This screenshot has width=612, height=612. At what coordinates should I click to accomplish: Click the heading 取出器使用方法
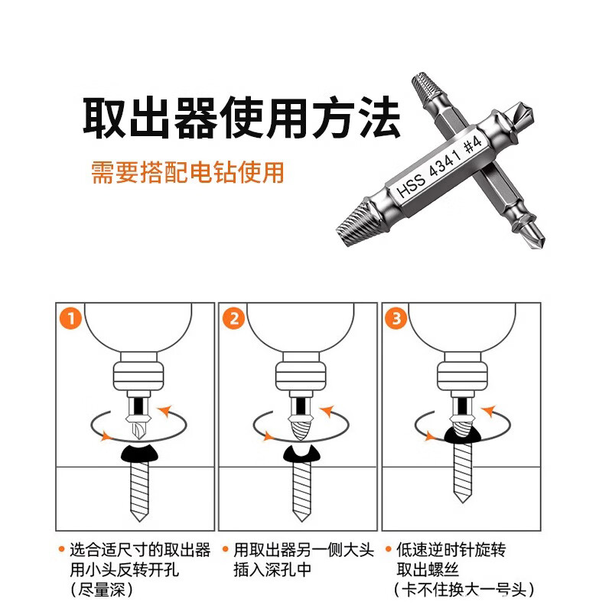tap(242, 116)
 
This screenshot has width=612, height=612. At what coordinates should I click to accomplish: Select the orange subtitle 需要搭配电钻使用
tap(187, 172)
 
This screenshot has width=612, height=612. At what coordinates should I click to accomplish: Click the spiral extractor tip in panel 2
tap(298, 424)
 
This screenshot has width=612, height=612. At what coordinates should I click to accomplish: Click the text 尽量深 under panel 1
tap(100, 590)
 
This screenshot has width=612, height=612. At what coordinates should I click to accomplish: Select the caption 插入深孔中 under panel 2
tap(272, 570)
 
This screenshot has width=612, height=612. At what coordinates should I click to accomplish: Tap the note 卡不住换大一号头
tap(463, 590)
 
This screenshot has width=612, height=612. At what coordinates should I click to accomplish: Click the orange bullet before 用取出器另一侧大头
tap(225, 549)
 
